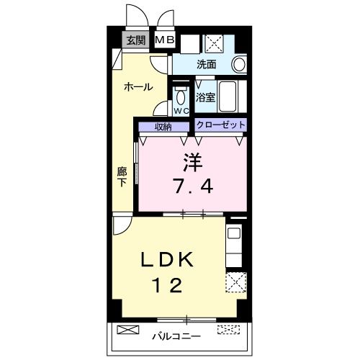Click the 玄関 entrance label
pos(136,40)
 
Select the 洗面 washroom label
pos(206,65)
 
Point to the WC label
pos(181,111)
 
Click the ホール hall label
pos(138,87)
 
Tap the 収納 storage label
pos(163,126)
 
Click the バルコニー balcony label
pos(176,336)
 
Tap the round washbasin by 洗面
pos(240,64)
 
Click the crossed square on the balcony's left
pos(126,331)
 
